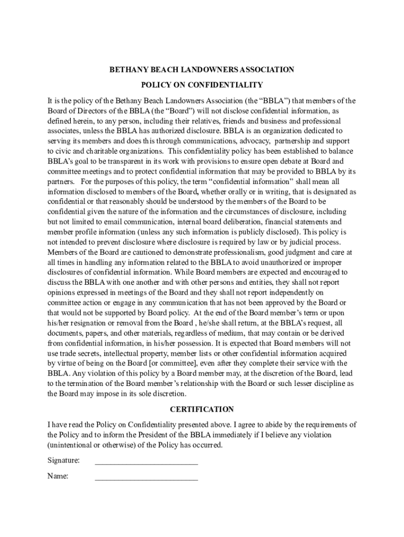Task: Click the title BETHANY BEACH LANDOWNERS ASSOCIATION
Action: (201, 69)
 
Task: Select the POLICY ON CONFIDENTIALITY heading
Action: (201, 84)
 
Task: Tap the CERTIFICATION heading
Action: (201, 409)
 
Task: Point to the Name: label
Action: (58, 477)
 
